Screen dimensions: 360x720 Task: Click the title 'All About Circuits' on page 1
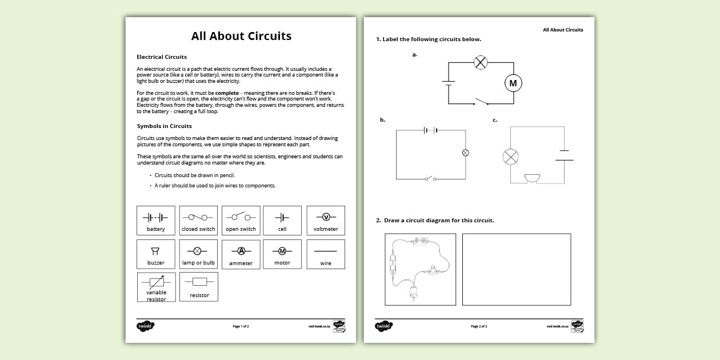click(241, 36)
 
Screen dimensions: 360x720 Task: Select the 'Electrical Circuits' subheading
click(162, 57)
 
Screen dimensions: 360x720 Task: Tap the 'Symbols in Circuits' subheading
click(164, 126)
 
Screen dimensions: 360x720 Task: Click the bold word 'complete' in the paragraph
click(227, 93)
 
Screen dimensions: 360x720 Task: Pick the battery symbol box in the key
click(156, 221)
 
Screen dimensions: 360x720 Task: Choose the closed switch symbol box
click(198, 221)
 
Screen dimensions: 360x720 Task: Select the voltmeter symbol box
click(326, 221)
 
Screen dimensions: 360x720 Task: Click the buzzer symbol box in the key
click(156, 254)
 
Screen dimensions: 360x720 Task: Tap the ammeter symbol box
click(241, 254)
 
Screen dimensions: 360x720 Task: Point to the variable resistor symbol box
click(156, 287)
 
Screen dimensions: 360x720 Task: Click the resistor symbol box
click(199, 287)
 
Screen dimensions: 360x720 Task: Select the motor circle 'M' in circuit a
click(513, 83)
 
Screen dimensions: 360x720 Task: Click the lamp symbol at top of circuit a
click(481, 62)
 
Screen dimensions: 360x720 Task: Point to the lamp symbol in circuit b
click(465, 153)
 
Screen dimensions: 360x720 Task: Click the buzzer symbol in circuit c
click(532, 178)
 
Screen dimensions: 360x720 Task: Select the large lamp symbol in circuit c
click(510, 157)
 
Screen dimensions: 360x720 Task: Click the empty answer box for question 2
click(516, 269)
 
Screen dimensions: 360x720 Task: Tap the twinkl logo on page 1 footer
click(145, 326)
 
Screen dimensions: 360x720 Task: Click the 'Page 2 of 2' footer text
click(479, 326)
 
